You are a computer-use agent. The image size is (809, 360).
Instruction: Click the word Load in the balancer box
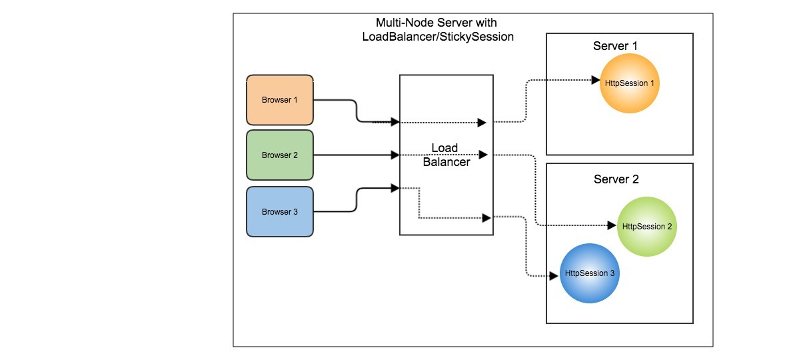point(444,147)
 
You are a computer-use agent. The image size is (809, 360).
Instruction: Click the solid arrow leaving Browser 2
point(353,155)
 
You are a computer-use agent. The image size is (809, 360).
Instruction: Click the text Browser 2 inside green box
point(279,155)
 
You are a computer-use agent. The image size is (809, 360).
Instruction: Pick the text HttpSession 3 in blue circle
point(589,273)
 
